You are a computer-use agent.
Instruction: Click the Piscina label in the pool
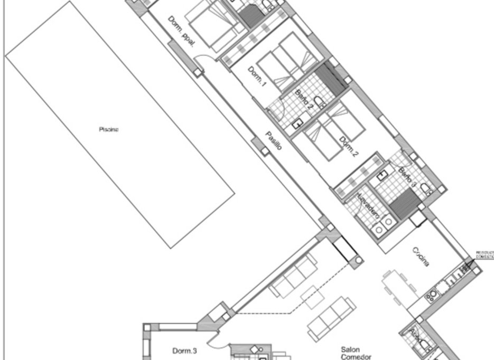[109, 129]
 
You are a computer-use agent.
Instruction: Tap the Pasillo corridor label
[273, 140]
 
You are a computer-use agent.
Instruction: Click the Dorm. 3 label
[184, 350]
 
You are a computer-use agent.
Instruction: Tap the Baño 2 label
[304, 99]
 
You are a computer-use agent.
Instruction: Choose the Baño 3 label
[407, 178]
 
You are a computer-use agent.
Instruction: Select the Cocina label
[421, 257]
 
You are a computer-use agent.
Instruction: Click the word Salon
[350, 349]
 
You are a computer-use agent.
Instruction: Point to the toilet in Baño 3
[426, 189]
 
